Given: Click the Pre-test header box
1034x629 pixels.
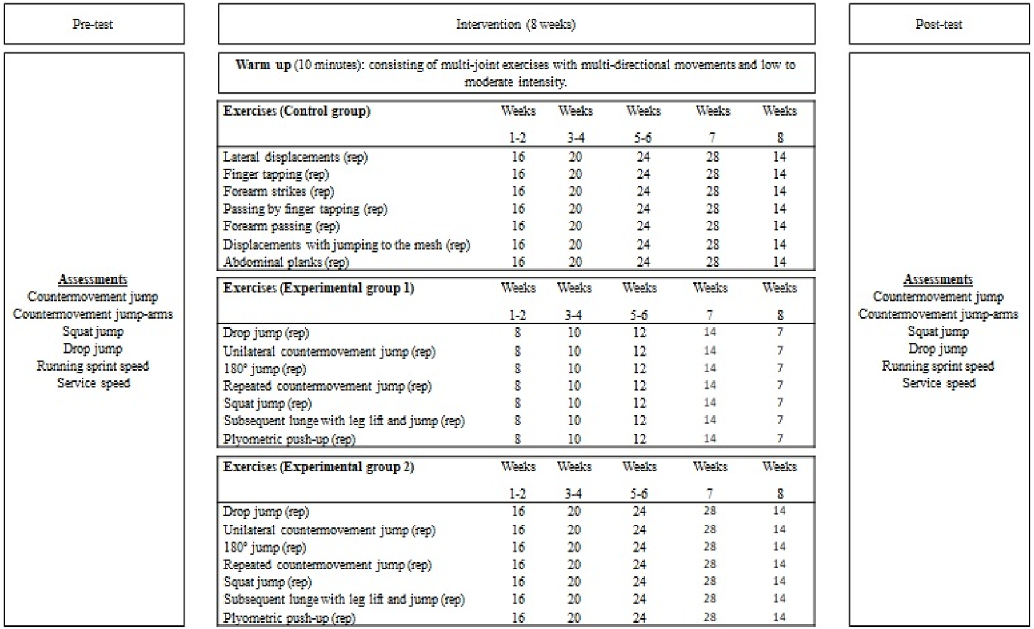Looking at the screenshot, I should point(93,24).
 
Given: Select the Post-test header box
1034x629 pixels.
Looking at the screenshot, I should point(939,24).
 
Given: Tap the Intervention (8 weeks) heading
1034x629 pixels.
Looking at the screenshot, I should point(516,24).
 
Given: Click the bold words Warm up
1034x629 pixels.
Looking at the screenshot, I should point(263,65).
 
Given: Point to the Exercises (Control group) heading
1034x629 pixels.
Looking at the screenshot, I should point(296,111).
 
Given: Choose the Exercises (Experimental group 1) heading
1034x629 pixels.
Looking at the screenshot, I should point(319,288).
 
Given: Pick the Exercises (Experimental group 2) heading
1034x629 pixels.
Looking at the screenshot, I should point(319,467).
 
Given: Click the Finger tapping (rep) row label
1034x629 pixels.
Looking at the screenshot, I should point(275,174).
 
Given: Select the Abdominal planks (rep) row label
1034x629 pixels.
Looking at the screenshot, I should point(286,262).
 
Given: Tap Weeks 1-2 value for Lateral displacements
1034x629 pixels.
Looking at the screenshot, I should point(518,157).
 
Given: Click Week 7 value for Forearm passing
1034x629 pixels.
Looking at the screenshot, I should point(712,226).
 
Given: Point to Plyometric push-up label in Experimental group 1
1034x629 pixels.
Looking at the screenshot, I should point(289,439).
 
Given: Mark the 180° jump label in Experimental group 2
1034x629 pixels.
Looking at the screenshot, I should point(264,547).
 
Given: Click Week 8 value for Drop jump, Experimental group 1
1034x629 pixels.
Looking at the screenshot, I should point(780,332).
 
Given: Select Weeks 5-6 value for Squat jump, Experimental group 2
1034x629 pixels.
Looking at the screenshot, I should point(640,582).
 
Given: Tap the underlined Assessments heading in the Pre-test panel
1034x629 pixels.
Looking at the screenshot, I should point(93,279).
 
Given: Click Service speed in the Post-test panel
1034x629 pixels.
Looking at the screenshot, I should point(939,383).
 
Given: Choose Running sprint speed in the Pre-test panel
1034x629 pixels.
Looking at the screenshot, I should point(93,366).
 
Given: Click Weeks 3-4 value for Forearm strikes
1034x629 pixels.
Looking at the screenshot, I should point(575,191).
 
